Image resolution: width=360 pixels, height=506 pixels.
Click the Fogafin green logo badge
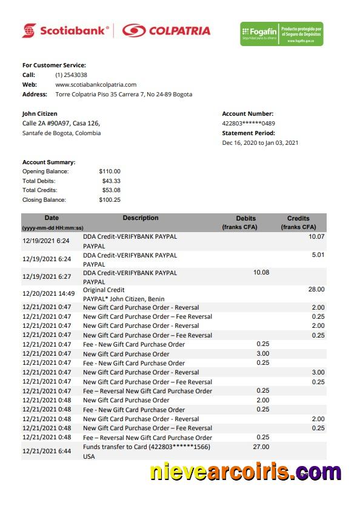pyautogui.click(x=281, y=33)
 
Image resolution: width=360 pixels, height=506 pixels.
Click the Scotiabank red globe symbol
pyautogui.click(x=29, y=30)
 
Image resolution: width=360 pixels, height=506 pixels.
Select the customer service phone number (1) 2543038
pyautogui.click(x=72, y=75)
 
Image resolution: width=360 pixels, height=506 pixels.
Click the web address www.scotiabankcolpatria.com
pyautogui.click(x=96, y=85)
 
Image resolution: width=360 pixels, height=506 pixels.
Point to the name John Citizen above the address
pyautogui.click(x=40, y=113)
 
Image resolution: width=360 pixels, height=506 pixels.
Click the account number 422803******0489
pyautogui.click(x=248, y=123)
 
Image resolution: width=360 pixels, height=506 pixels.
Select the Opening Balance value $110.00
pyautogui.click(x=110, y=171)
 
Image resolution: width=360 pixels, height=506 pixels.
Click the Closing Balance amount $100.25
pyautogui.click(x=110, y=200)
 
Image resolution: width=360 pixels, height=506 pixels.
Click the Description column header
pyautogui.click(x=141, y=218)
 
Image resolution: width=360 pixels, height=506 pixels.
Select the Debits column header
pyautogui.click(x=246, y=219)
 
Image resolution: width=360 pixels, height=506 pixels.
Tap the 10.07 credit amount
pyautogui.click(x=316, y=237)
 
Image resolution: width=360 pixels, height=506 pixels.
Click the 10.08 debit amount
pyautogui.click(x=261, y=273)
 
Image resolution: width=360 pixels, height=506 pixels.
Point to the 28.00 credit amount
pyautogui.click(x=316, y=290)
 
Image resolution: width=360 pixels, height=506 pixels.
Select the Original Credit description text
pyautogui.click(x=104, y=290)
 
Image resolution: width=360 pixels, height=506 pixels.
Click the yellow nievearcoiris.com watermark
pyautogui.click(x=245, y=471)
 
